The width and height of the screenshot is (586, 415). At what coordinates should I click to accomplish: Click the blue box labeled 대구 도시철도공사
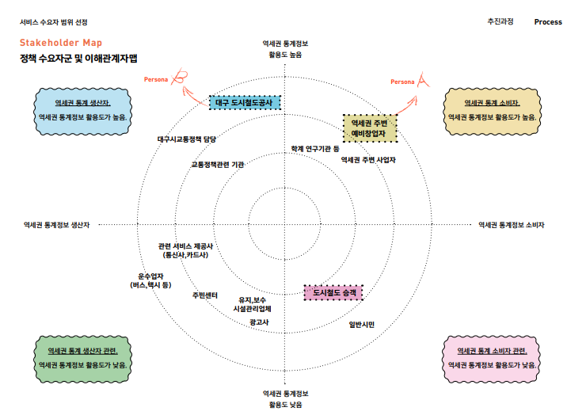[245, 103]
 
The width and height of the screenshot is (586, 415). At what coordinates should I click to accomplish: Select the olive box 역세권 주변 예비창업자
[368, 128]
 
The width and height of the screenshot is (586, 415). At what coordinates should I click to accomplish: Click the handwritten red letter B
[181, 78]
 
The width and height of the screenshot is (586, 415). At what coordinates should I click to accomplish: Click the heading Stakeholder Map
[61, 43]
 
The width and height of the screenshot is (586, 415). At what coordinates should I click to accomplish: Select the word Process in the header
[548, 22]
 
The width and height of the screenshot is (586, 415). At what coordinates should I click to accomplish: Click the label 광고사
[258, 322]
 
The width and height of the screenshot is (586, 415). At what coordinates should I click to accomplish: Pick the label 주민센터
[204, 295]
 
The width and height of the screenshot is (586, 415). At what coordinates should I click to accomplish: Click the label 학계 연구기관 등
[314, 148]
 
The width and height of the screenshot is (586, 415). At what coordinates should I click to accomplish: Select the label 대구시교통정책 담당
[187, 139]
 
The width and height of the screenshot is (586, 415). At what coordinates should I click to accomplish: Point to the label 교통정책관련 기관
[217, 165]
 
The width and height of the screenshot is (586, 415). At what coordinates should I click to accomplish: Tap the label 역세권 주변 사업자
[368, 159]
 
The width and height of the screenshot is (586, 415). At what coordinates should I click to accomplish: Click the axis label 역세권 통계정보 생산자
[56, 225]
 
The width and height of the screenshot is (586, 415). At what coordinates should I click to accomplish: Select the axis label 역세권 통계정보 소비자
[512, 225]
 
